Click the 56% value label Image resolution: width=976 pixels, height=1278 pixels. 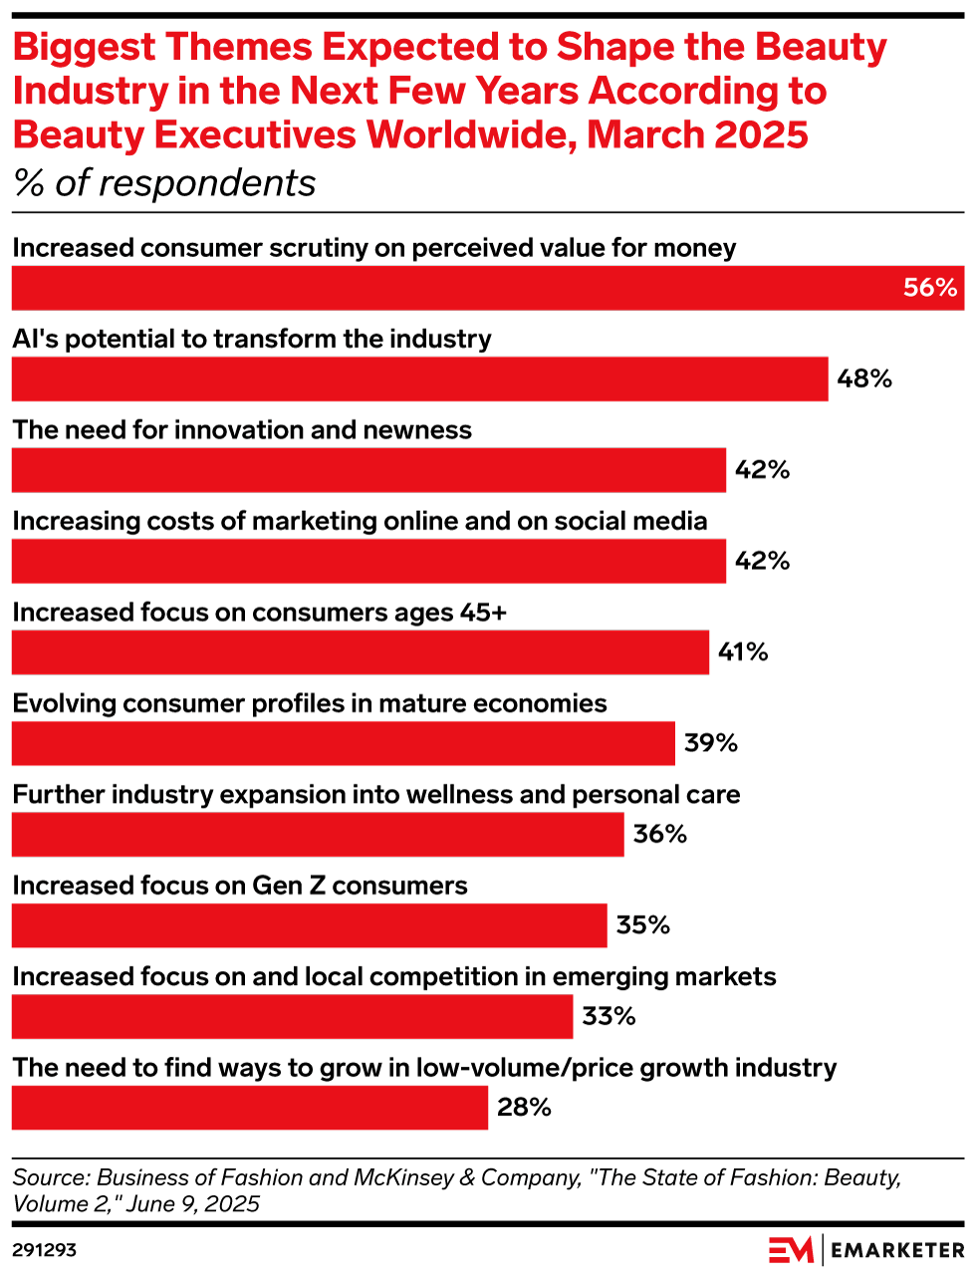(x=929, y=288)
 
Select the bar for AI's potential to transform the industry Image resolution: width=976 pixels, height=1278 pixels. (x=419, y=379)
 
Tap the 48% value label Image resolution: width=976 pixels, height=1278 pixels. (x=864, y=379)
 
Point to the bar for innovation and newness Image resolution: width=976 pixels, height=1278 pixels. (x=368, y=470)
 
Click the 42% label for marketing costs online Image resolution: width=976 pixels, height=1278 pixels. (x=762, y=561)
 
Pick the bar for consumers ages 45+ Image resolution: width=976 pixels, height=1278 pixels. (x=360, y=652)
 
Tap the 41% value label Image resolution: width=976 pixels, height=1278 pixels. (x=743, y=652)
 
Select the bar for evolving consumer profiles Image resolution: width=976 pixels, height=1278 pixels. (x=343, y=743)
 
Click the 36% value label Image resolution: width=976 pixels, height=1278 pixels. (x=660, y=834)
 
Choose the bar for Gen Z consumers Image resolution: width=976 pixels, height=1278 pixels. (x=309, y=925)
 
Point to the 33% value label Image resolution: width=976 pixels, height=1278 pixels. (x=609, y=1016)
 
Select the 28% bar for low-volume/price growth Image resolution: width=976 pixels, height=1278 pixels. (x=249, y=1108)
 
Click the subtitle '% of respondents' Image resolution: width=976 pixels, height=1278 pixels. (x=164, y=183)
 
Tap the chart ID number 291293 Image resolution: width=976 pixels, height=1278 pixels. (x=44, y=1249)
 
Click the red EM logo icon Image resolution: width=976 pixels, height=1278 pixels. (x=791, y=1249)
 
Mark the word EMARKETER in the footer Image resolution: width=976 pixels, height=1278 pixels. (x=897, y=1250)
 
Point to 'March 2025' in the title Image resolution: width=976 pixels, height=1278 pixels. (x=697, y=133)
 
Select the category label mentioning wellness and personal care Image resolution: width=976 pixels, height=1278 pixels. (x=376, y=795)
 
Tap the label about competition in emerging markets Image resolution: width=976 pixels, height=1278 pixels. (x=394, y=977)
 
